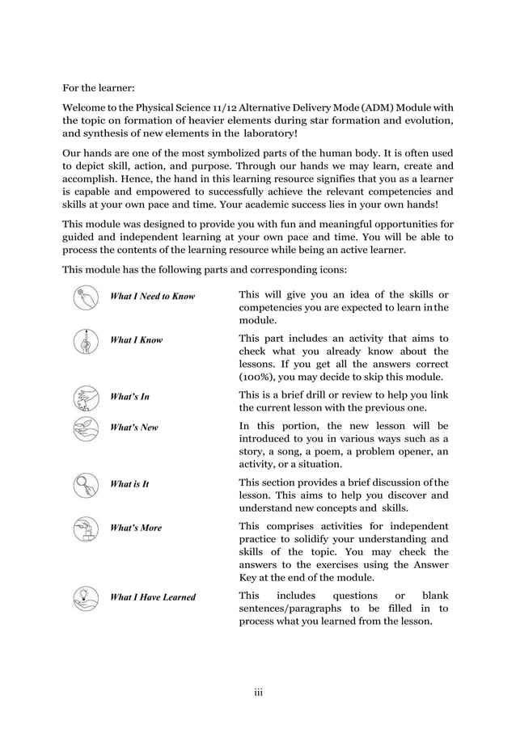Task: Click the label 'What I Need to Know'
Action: [152, 297]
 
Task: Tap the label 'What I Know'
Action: [136, 340]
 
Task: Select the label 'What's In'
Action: [129, 397]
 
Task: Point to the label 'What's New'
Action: [133, 427]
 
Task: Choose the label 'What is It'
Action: [129, 484]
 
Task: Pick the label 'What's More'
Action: [135, 528]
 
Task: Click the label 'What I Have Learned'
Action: [152, 597]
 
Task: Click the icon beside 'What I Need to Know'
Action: [83, 297]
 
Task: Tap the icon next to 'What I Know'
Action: [83, 340]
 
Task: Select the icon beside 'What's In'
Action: [83, 397]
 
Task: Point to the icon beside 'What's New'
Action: [83, 428]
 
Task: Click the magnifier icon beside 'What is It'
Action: [83, 484]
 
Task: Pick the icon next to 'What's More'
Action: [83, 528]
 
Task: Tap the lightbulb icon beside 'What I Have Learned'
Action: [83, 597]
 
